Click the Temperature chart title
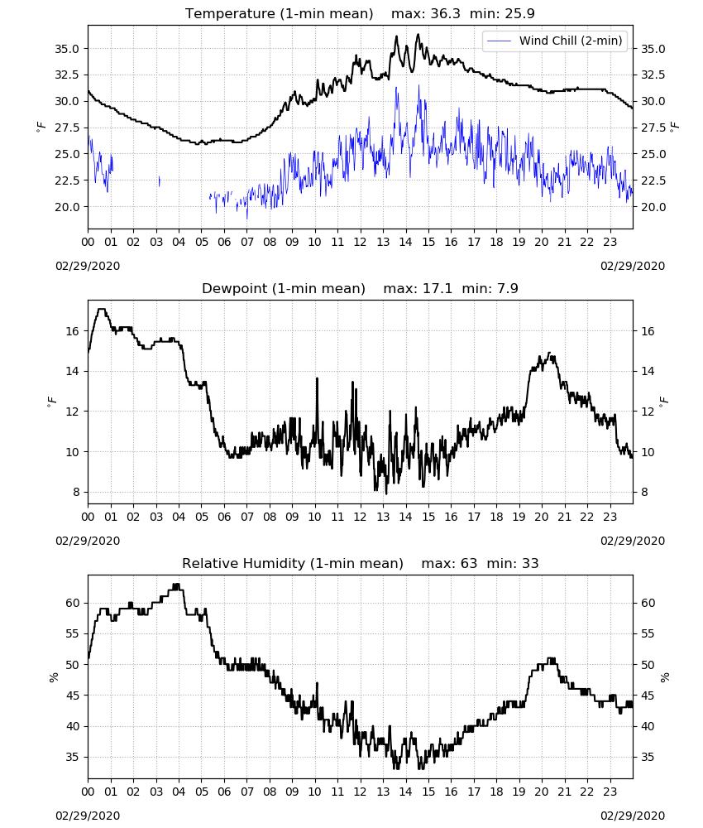tap(360, 13)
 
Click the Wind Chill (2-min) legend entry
tap(554, 41)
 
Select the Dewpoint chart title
tap(360, 288)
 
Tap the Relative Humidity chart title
tap(360, 563)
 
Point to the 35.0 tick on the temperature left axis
tap(67, 49)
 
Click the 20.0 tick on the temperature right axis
tap(653, 207)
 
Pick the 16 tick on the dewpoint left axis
tap(72, 331)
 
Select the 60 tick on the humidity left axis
tap(72, 603)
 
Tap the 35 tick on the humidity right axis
tap(648, 758)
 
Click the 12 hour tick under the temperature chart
tap(361, 242)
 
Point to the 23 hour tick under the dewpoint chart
tap(610, 517)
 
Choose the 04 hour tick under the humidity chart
tap(179, 792)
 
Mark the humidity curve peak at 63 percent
tap(176, 585)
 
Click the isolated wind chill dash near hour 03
tap(160, 181)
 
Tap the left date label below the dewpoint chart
tap(88, 541)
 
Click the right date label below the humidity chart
tap(633, 816)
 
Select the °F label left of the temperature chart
tap(41, 128)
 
